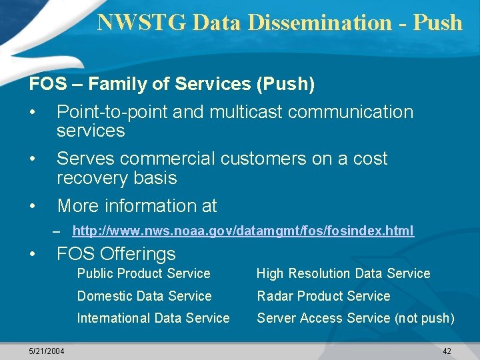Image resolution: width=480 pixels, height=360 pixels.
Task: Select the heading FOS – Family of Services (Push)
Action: point(172,85)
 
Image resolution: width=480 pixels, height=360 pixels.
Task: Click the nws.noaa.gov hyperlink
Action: point(243,231)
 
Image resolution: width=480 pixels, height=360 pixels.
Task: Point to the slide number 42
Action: point(447,351)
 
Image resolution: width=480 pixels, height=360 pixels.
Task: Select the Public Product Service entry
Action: point(143,273)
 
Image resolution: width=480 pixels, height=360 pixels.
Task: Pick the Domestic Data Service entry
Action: point(144,296)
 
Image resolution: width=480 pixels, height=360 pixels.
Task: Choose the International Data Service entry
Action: point(153,318)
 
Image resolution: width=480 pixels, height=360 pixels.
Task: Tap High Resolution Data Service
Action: point(343,273)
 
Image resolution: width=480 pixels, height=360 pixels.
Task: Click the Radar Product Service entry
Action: point(323,296)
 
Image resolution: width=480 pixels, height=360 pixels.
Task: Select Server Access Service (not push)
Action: point(355,318)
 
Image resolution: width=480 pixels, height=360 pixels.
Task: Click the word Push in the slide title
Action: point(437,22)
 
